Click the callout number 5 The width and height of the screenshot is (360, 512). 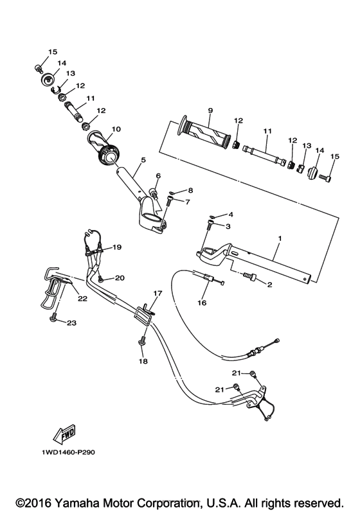click(x=143, y=160)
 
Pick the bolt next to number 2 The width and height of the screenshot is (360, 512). click(x=249, y=276)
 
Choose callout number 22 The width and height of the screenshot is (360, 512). click(x=83, y=297)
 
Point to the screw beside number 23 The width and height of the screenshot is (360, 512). click(x=55, y=317)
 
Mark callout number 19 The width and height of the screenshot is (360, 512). click(x=117, y=247)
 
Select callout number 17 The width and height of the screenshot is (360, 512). click(x=156, y=293)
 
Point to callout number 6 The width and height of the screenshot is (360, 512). click(x=157, y=175)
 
